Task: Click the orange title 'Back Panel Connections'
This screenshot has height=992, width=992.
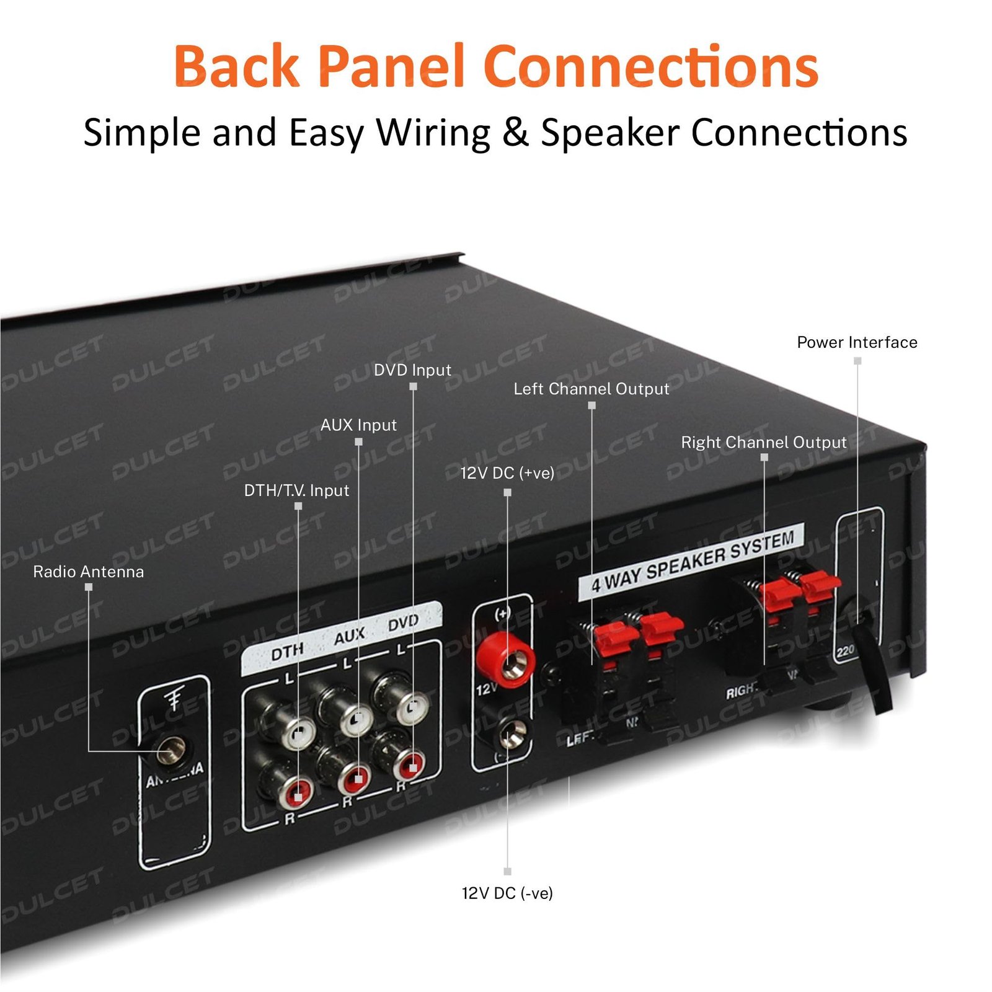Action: pyautogui.click(x=496, y=66)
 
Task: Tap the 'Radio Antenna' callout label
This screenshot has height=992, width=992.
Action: pyautogui.click(x=88, y=572)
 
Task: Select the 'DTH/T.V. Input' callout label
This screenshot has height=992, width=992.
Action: pyautogui.click(x=296, y=490)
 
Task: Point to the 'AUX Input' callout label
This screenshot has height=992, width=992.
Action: pyautogui.click(x=358, y=425)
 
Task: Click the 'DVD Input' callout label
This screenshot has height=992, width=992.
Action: pyautogui.click(x=412, y=370)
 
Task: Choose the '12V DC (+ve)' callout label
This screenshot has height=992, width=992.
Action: pyautogui.click(x=507, y=473)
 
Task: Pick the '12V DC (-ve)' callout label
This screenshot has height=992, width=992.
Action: pyautogui.click(x=507, y=893)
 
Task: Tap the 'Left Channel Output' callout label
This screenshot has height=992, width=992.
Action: pyautogui.click(x=591, y=389)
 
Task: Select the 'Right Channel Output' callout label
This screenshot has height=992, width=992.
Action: pyautogui.click(x=763, y=442)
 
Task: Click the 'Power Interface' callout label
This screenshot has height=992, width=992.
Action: pyautogui.click(x=857, y=342)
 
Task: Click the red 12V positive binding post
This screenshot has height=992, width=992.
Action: pyautogui.click(x=505, y=658)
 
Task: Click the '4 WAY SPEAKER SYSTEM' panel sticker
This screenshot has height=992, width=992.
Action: pyautogui.click(x=691, y=561)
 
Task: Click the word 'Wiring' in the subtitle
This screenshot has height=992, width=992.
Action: pyautogui.click(x=434, y=133)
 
